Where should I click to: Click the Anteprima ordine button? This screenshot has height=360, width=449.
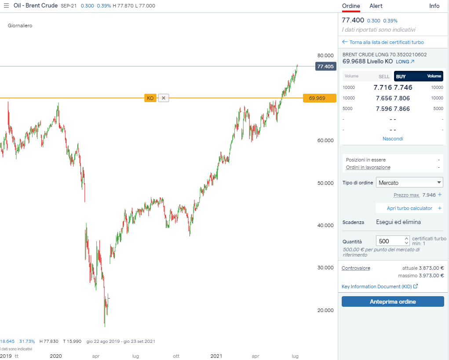393,301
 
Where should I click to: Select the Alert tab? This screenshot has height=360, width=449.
376,6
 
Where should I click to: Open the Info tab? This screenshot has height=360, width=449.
434,6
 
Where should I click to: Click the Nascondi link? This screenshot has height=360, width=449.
393,139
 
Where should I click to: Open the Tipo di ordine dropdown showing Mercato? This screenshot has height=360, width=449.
410,183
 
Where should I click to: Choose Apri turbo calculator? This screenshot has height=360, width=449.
409,208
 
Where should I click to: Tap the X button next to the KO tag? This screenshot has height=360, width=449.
164,98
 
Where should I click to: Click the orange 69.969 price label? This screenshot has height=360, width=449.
317,98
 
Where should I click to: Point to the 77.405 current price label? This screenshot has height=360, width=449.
326,66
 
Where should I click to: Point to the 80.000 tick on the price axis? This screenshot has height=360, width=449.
325,55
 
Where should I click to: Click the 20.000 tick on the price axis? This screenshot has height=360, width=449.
325,310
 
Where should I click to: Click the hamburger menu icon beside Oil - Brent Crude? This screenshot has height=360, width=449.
6,6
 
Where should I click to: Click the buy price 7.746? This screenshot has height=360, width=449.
403,87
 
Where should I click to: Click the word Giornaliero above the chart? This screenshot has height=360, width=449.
20,26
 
